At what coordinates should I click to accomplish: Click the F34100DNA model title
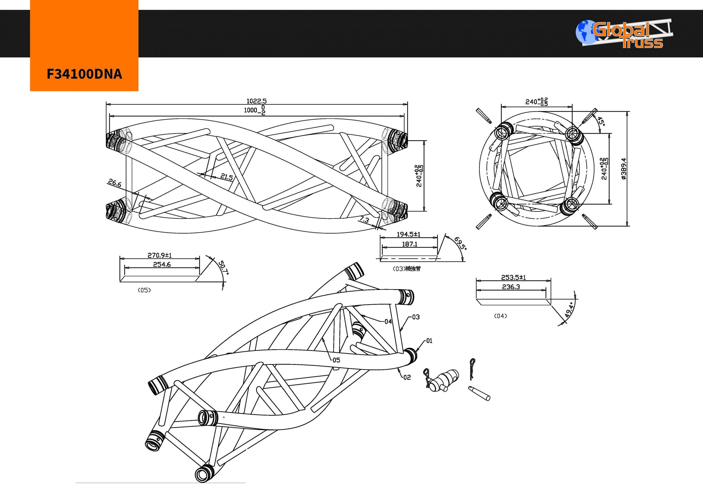coord(84,74)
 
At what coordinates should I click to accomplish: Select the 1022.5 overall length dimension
coord(256,101)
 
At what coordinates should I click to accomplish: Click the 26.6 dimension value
coord(115,183)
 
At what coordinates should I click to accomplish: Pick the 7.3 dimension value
coord(364,220)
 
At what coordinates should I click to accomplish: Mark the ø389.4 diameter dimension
coord(624,168)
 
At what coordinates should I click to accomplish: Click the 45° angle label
coord(601,121)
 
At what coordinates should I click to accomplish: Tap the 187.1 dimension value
coord(409,244)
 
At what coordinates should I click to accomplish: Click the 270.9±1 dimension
coord(160,255)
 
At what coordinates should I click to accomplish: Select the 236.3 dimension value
coord(511,287)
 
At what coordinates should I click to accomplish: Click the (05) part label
coord(144,290)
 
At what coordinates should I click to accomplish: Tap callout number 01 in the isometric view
coord(429,341)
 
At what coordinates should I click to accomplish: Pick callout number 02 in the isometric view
coord(407,378)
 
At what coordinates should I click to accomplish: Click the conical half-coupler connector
coord(443,381)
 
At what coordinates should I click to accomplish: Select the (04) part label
coord(500,316)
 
